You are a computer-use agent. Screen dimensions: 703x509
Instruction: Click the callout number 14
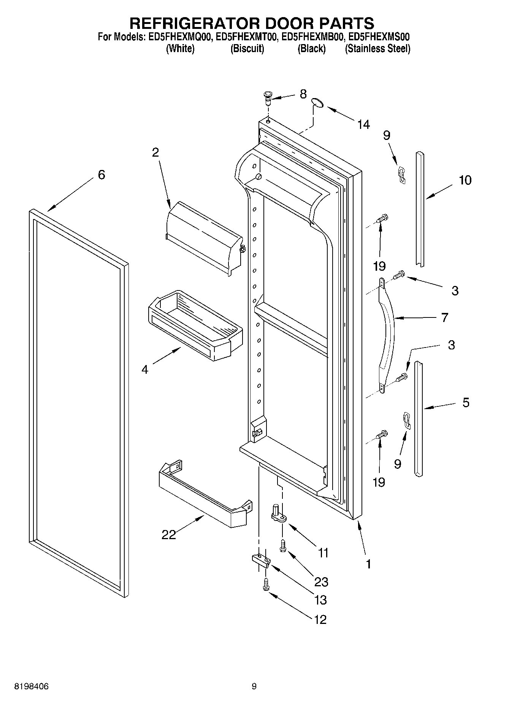[363, 124]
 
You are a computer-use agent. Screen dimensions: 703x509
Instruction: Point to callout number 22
[169, 535]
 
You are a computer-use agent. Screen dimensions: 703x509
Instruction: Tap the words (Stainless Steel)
[377, 49]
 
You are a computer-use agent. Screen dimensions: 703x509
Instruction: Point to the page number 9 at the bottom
[254, 686]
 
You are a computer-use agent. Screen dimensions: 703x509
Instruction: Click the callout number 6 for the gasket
[101, 175]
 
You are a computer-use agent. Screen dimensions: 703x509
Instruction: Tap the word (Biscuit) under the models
[247, 49]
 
